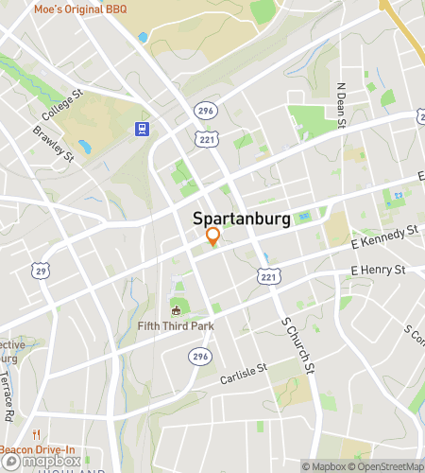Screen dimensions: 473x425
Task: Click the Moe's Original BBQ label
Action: (x=81, y=9)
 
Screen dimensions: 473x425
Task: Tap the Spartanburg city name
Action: (x=242, y=218)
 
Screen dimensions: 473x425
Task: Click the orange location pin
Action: (x=213, y=236)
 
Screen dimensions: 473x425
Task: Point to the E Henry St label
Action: (x=378, y=271)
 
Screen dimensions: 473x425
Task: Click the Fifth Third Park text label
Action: (x=175, y=326)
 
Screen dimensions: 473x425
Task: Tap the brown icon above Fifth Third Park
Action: (x=175, y=309)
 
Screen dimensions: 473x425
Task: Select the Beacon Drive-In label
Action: (x=38, y=449)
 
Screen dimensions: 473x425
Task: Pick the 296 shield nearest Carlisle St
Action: (x=199, y=356)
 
